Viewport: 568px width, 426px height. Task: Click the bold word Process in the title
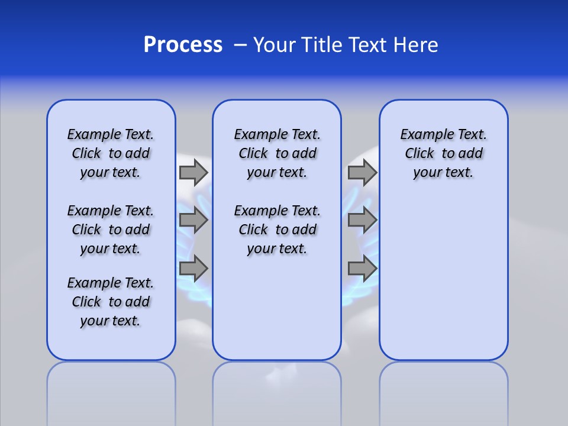tap(183, 45)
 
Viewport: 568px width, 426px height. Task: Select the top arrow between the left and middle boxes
tap(193, 172)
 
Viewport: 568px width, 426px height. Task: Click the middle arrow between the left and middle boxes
tap(193, 220)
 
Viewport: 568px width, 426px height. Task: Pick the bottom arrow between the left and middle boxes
tap(193, 269)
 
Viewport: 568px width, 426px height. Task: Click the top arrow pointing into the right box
tap(362, 172)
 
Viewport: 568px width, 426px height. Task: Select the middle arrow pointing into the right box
tap(362, 220)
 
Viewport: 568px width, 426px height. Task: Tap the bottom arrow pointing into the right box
tap(362, 269)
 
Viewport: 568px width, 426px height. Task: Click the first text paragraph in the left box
tap(111, 153)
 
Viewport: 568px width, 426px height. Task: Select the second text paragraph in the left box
tap(111, 230)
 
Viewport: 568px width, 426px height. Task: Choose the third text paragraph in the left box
tap(111, 302)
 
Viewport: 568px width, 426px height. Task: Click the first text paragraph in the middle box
tap(277, 153)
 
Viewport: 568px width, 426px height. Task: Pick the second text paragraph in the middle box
tap(277, 230)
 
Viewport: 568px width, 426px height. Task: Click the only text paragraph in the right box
tap(443, 153)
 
